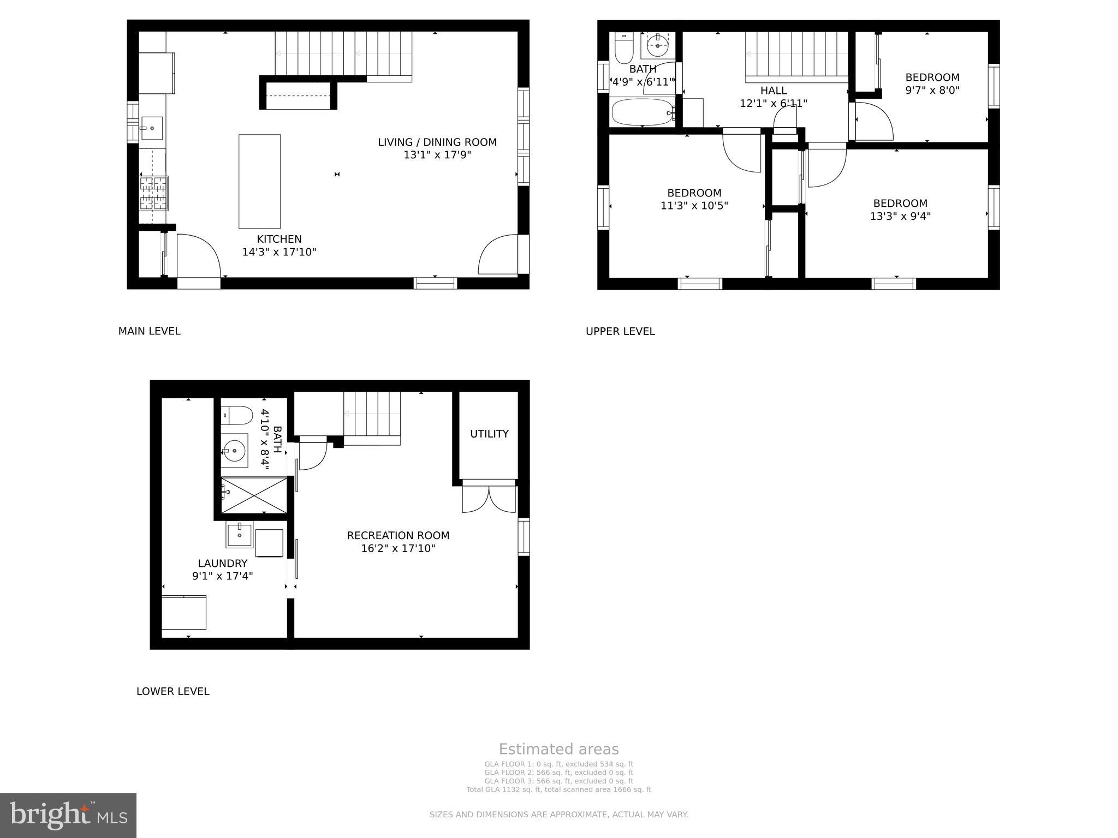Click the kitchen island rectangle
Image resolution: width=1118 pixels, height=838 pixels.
pos(259,181)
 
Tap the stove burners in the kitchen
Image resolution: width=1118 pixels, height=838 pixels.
pos(153,193)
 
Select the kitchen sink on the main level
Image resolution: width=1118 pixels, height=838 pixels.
pos(152,128)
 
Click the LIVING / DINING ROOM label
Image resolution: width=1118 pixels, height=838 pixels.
pos(437,142)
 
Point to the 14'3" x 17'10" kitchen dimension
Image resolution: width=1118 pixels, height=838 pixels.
pos(279,252)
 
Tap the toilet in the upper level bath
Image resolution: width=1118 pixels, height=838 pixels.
pos(623,49)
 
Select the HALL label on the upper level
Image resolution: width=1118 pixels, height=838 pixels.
pos(773,91)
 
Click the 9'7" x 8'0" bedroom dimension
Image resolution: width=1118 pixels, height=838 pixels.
pos(932,91)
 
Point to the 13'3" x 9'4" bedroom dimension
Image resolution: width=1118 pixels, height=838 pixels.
pos(900,216)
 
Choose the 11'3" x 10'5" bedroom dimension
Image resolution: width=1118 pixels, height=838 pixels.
pos(694,206)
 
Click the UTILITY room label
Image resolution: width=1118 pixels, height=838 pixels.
pos(489,434)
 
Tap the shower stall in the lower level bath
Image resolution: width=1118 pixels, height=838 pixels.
pos(254,495)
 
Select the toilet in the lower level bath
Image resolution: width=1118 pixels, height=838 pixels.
pos(236,416)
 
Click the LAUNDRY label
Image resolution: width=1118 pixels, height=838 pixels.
pos(222,564)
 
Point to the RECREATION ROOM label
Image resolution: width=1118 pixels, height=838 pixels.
pos(398,536)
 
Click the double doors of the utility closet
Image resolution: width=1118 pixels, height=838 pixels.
pos(489,498)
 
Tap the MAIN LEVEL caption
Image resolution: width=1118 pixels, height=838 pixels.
pos(149,331)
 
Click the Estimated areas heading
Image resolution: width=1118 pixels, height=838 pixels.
pos(558,749)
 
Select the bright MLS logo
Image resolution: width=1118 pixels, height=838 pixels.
pos(68,815)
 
